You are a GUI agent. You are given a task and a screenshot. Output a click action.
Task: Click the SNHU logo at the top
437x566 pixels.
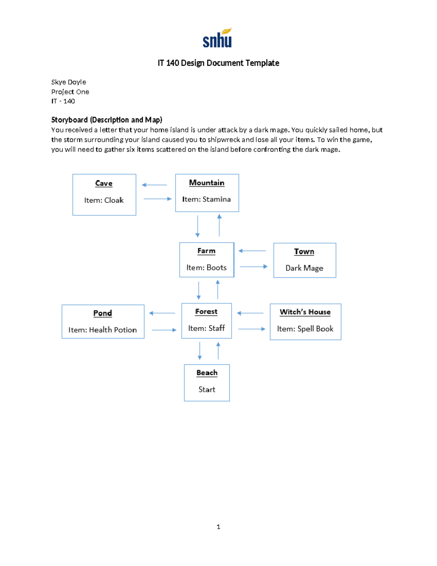coord(217,38)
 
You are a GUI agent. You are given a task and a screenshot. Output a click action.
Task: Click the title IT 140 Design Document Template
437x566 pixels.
coord(218,63)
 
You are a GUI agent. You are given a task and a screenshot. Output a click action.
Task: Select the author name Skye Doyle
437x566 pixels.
coord(68,82)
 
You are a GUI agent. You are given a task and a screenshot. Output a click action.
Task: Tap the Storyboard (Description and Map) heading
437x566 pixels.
coord(107,120)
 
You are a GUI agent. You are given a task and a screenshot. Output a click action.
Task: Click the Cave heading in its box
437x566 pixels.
coord(104,183)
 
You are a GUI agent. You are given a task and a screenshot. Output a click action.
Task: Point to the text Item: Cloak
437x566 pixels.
coord(104,200)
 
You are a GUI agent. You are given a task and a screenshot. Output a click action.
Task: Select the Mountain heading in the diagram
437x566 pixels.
coord(206,183)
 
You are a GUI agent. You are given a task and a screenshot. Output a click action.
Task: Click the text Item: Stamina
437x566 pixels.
coord(206,199)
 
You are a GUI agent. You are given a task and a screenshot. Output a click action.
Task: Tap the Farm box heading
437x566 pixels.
coord(206,251)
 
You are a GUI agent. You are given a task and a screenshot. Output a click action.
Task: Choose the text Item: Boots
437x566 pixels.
coord(206,268)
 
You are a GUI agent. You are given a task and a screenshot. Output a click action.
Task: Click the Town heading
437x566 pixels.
coord(304,251)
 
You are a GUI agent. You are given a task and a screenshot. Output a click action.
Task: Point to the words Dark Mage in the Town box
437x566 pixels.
coord(304,268)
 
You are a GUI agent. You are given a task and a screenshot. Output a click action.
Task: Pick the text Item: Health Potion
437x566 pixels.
coord(103,330)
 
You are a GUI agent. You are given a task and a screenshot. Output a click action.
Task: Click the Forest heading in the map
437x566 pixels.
coord(206,312)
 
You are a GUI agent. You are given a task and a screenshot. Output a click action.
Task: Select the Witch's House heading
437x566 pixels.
coord(305,312)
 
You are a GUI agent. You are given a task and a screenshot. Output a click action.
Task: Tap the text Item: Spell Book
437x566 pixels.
coord(305,329)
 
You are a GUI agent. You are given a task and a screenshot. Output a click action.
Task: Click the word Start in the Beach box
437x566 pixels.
coord(207,390)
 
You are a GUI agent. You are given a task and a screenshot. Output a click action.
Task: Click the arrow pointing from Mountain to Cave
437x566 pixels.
coord(154,185)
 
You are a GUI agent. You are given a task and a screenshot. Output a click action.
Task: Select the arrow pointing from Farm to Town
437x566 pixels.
coord(253,267)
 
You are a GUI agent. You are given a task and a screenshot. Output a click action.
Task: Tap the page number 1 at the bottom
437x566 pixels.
coord(218,527)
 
